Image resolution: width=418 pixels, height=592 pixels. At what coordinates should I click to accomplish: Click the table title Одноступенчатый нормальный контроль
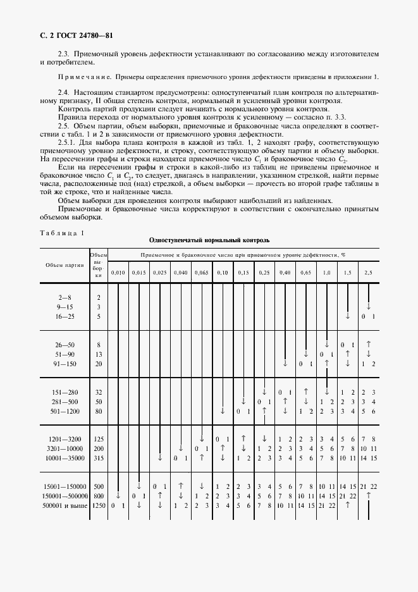[209, 240]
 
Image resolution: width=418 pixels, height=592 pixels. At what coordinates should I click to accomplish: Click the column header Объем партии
[62, 265]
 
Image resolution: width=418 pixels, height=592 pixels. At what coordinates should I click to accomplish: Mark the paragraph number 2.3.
[63, 55]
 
